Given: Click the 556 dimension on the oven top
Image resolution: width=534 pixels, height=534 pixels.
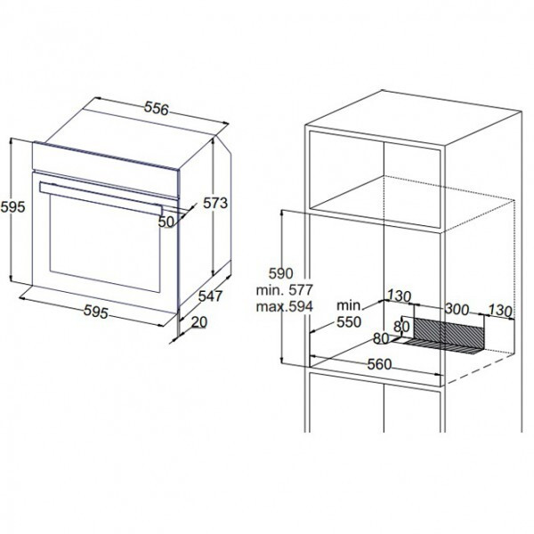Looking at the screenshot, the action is (157, 108).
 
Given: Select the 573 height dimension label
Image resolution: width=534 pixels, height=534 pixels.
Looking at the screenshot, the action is (215, 203).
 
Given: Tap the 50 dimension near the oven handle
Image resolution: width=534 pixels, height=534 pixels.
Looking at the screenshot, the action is (166, 222).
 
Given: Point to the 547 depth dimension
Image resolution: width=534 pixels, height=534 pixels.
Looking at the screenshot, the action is (210, 296).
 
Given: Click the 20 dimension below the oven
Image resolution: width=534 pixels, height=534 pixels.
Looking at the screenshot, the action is (199, 322).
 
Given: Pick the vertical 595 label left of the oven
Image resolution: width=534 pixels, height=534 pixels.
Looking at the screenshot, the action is (13, 207).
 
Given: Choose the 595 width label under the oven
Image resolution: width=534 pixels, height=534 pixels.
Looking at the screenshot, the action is (96, 312).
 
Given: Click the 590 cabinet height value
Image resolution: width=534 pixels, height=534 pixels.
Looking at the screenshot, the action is (281, 273).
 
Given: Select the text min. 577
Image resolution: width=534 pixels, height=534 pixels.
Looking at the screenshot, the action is (285, 290).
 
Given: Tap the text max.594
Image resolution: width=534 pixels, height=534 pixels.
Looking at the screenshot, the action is (285, 306).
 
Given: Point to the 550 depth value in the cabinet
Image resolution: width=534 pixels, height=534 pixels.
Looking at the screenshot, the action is (349, 322).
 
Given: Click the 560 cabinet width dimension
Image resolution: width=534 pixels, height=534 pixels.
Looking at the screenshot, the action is (379, 365).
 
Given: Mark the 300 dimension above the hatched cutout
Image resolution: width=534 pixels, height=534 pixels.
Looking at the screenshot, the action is (457, 309).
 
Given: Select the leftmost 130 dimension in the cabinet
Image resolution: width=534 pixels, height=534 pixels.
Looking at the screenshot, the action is (399, 296).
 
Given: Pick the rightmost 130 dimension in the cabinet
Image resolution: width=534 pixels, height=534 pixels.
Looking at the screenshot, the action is (500, 311).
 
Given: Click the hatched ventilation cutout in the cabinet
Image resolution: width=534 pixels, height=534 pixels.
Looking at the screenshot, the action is (449, 334).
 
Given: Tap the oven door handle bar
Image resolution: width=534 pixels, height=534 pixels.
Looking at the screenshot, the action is (101, 198).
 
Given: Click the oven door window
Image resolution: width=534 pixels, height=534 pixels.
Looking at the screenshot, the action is (105, 243).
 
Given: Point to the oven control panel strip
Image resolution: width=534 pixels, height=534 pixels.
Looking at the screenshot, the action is (106, 170).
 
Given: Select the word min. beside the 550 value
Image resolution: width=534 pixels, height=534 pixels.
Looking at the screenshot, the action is (350, 306).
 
